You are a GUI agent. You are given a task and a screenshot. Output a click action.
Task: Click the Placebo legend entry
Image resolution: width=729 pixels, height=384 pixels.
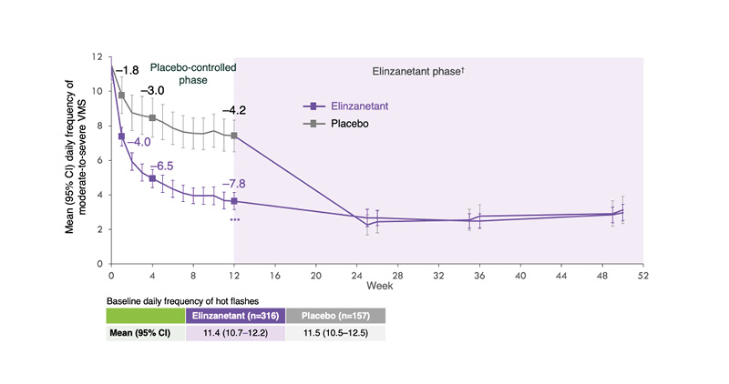click(x=349, y=124)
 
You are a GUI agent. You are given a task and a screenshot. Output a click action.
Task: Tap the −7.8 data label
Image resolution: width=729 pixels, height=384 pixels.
click(x=235, y=186)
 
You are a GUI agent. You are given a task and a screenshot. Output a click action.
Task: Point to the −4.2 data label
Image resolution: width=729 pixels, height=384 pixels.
click(x=235, y=111)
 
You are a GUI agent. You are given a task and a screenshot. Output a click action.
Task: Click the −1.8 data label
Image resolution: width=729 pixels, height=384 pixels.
click(x=126, y=69)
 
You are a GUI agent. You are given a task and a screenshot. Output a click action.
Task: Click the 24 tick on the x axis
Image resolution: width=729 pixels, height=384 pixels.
click(x=356, y=273)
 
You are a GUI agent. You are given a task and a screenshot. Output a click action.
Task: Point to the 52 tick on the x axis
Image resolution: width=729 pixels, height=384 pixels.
click(x=643, y=273)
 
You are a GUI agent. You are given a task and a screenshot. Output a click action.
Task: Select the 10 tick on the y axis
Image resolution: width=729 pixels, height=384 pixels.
click(x=99, y=91)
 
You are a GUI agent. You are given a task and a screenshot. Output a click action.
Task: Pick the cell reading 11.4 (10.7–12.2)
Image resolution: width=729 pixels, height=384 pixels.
click(x=236, y=334)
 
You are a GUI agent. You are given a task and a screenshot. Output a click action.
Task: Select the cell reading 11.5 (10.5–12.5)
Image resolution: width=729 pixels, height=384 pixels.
click(x=335, y=334)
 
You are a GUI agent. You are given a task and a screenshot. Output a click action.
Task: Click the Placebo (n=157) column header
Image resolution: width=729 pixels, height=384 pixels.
click(x=335, y=316)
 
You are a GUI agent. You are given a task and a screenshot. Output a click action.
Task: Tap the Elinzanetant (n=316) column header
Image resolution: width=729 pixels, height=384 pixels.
click(x=236, y=316)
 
